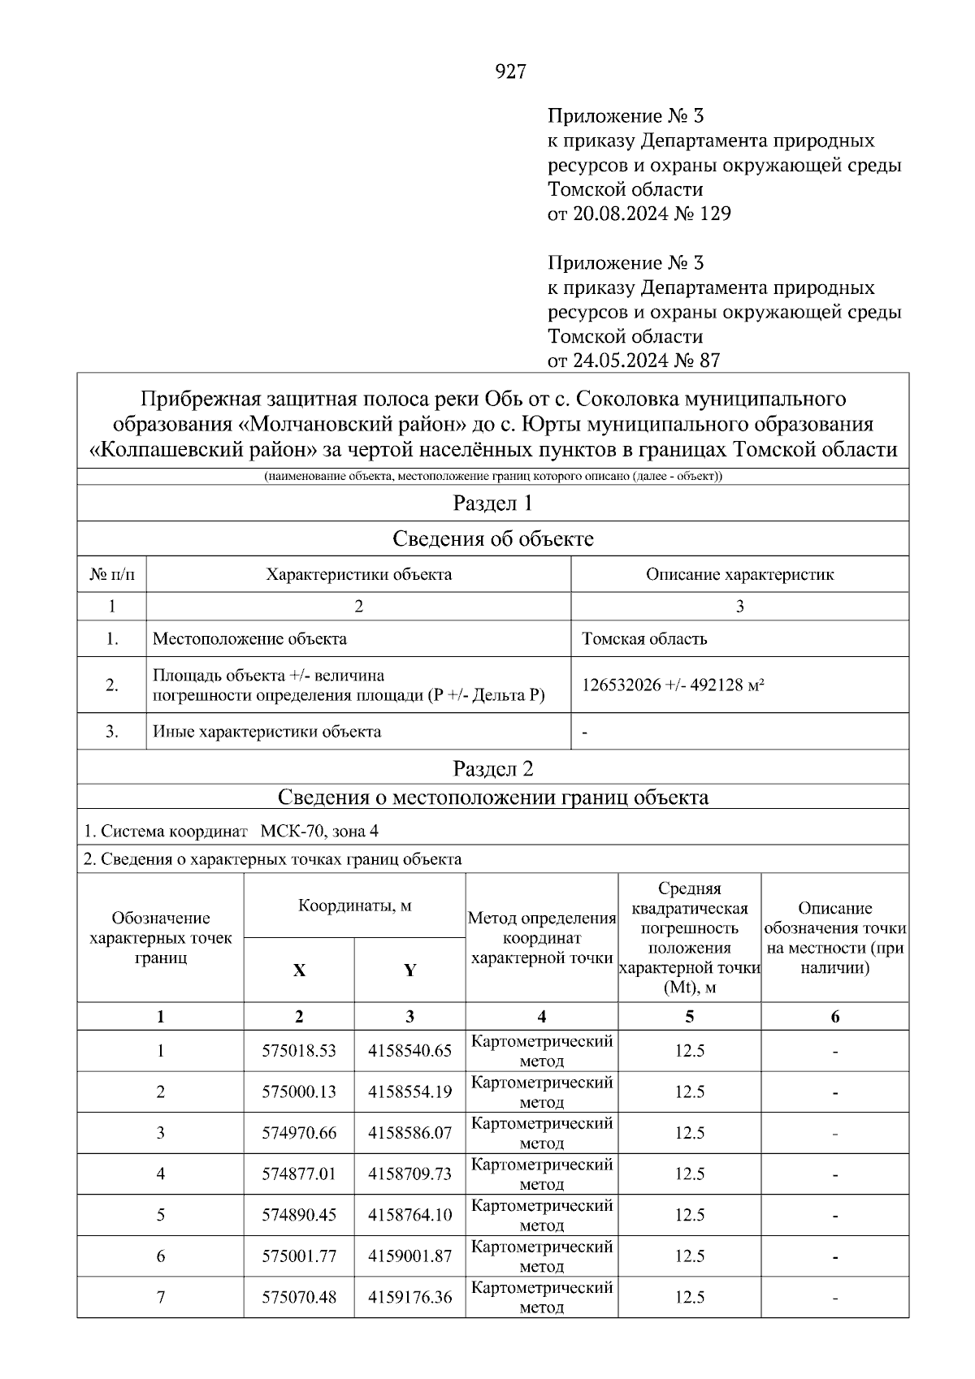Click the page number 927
[510, 72]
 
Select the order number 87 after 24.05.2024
[708, 361]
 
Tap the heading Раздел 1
[492, 504]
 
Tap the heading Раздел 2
[492, 768]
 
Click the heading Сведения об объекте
[492, 538]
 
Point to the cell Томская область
[644, 639]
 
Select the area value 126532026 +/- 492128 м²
[673, 685]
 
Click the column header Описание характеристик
[739, 575]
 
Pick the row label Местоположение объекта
[249, 639]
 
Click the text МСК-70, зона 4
[318, 832]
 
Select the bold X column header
[299, 970]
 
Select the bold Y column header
[409, 970]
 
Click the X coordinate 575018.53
[299, 1051]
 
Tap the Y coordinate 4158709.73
[409, 1174]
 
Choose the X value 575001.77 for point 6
[299, 1256]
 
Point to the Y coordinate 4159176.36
[409, 1298]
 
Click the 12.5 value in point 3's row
[689, 1133]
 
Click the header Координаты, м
[354, 906]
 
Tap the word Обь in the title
[501, 400]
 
